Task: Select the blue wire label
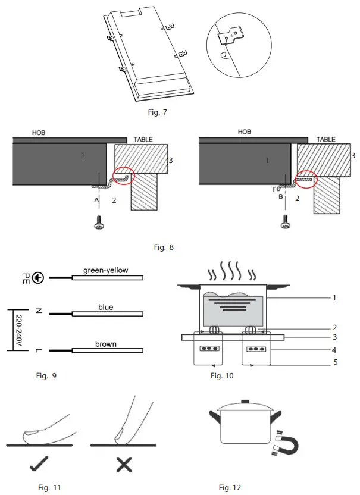tap(105, 307)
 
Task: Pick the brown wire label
tap(105, 344)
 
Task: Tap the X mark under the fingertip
tap(123, 463)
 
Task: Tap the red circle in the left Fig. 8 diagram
tap(123, 176)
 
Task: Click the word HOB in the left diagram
tap(38, 133)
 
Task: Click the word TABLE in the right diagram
tap(325, 139)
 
